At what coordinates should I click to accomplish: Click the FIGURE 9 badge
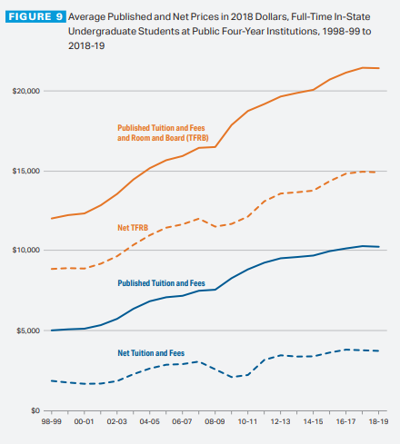pyautogui.click(x=35, y=16)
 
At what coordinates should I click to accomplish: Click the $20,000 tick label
pyautogui.click(x=26, y=91)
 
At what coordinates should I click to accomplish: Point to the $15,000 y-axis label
pyautogui.click(x=26, y=171)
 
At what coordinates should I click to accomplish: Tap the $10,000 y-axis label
pyautogui.click(x=26, y=250)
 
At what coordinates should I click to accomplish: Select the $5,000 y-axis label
pyautogui.click(x=28, y=331)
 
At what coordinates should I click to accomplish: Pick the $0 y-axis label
pyautogui.click(x=35, y=410)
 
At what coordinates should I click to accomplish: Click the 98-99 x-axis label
pyautogui.click(x=52, y=421)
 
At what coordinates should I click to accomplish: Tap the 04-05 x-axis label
pyautogui.click(x=149, y=421)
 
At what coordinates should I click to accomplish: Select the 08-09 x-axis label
pyautogui.click(x=215, y=421)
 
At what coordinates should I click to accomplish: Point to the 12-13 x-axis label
pyautogui.click(x=280, y=421)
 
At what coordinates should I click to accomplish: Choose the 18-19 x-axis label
pyautogui.click(x=378, y=421)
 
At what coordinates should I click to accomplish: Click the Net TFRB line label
pyautogui.click(x=133, y=228)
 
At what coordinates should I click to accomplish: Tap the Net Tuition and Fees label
pyautogui.click(x=151, y=353)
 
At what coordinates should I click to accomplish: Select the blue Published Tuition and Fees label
pyautogui.click(x=161, y=283)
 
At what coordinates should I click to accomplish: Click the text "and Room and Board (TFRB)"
pyautogui.click(x=163, y=138)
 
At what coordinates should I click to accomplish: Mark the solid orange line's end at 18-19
pyautogui.click(x=379, y=68)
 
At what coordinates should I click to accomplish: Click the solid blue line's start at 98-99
pyautogui.click(x=52, y=331)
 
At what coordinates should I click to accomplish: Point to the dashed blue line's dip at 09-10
pyautogui.click(x=232, y=377)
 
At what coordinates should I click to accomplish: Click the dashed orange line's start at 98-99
pyautogui.click(x=52, y=269)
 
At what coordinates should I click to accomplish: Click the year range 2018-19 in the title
pyautogui.click(x=86, y=46)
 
